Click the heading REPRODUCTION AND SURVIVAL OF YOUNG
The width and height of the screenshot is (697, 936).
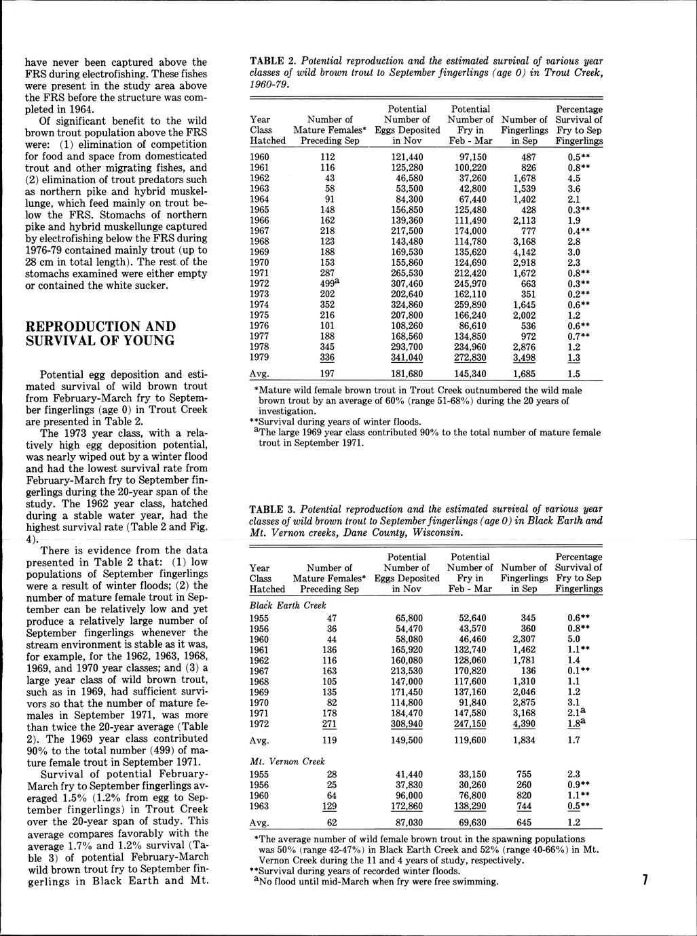tap(100, 333)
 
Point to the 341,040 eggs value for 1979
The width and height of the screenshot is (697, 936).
tap(407, 357)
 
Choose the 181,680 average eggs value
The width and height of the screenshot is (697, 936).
tap(407, 374)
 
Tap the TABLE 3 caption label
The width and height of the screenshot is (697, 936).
tap(272, 509)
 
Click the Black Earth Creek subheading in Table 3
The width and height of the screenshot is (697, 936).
tap(288, 605)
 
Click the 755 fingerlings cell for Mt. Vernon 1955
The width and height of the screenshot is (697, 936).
tap(525, 774)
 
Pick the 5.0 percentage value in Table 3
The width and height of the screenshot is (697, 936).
tap(573, 639)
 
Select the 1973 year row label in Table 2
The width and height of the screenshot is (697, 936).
tap(261, 294)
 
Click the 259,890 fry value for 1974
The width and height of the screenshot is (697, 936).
tap(470, 305)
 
